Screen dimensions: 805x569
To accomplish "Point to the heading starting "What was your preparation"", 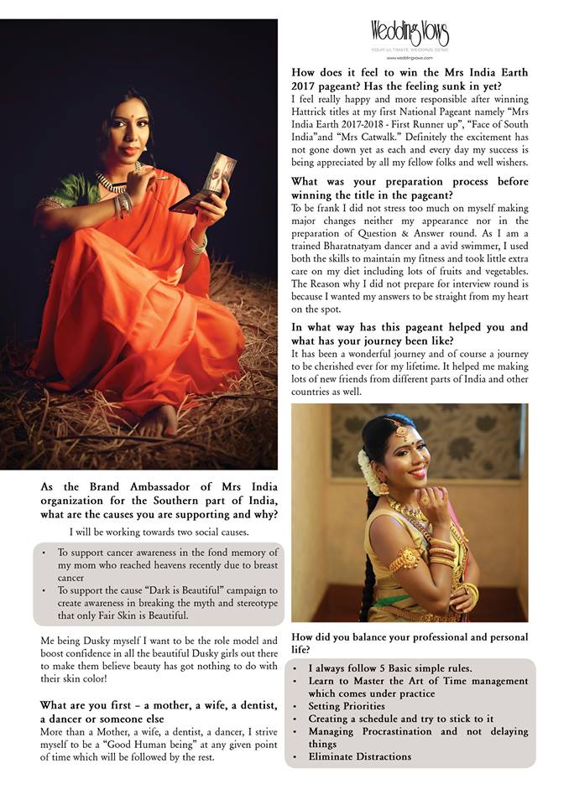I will pos(410,188).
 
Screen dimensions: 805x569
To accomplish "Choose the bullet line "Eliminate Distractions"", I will pos(359,756).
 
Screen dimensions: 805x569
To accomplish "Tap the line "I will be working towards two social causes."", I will pos(159,532).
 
